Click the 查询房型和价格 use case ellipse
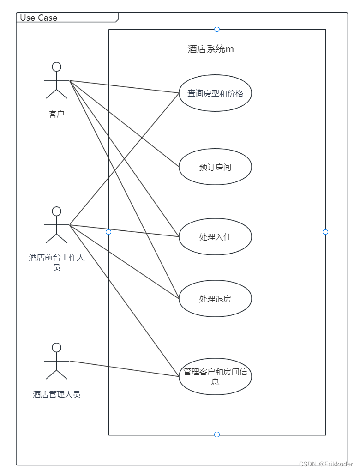215,93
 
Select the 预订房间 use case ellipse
215,167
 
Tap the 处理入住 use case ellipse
215,237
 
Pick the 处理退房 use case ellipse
215,299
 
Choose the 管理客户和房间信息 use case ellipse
215,376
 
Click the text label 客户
56,114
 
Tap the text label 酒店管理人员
56,394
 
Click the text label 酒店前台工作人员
56,262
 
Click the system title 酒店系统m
211,49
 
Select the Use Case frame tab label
39,18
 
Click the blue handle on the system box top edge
217,30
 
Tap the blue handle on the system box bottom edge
217,435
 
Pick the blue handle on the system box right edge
325,232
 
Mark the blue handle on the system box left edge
108,232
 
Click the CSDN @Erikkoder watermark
326,464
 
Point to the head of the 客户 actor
56,66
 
